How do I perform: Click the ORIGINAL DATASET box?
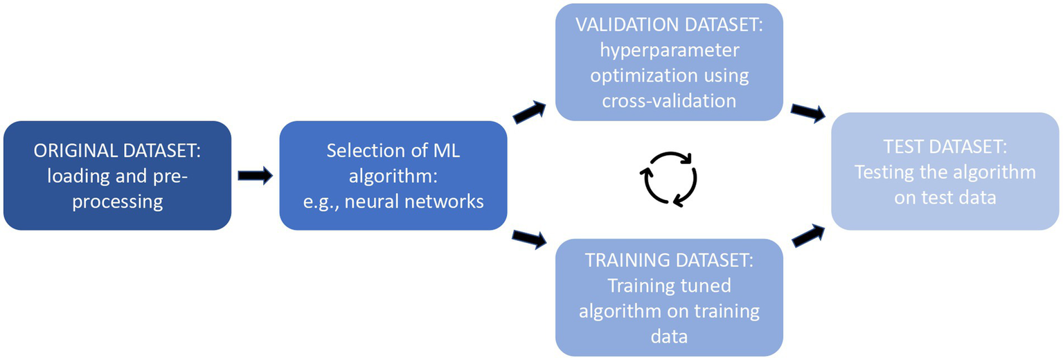(x=116, y=175)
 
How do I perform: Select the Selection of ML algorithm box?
(x=393, y=175)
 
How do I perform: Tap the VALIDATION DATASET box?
(x=668, y=62)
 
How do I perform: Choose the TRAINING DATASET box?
(x=668, y=297)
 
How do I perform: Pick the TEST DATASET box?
(x=945, y=171)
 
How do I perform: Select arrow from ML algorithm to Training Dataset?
(x=530, y=240)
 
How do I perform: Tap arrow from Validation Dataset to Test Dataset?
(x=807, y=112)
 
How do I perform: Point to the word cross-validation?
(x=668, y=101)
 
